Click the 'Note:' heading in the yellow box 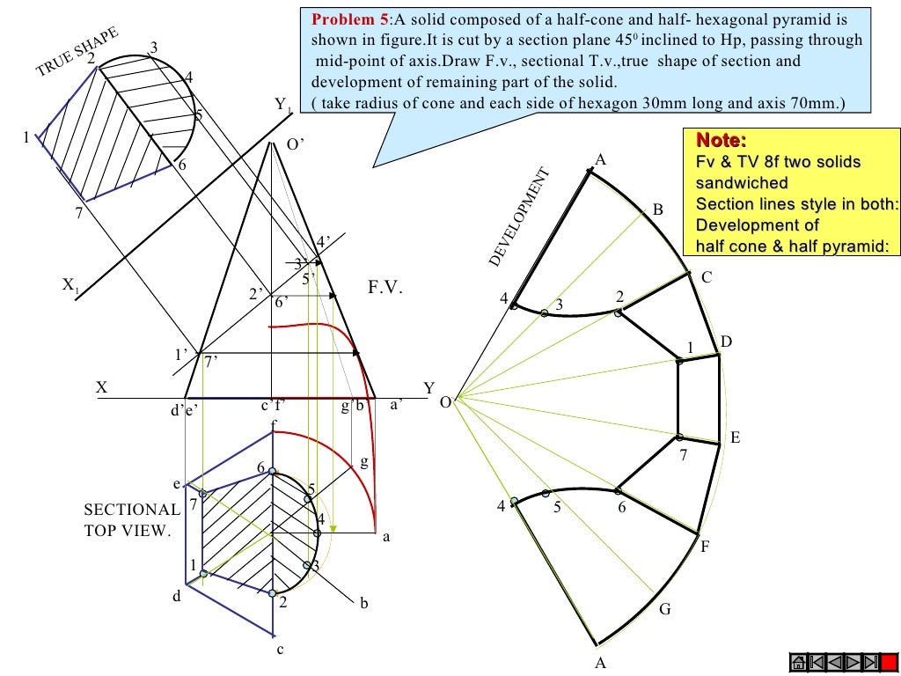pyautogui.click(x=722, y=141)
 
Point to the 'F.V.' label pyautogui.click(x=385, y=287)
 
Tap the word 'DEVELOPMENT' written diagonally pyautogui.click(x=518, y=218)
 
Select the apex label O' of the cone pyautogui.click(x=296, y=146)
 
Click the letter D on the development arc pyautogui.click(x=726, y=342)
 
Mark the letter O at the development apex pyautogui.click(x=445, y=402)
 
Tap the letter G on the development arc pyautogui.click(x=664, y=609)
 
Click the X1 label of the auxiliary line pyautogui.click(x=70, y=285)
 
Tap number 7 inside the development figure pyautogui.click(x=681, y=455)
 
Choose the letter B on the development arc pyautogui.click(x=657, y=209)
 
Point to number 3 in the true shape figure pyautogui.click(x=154, y=48)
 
